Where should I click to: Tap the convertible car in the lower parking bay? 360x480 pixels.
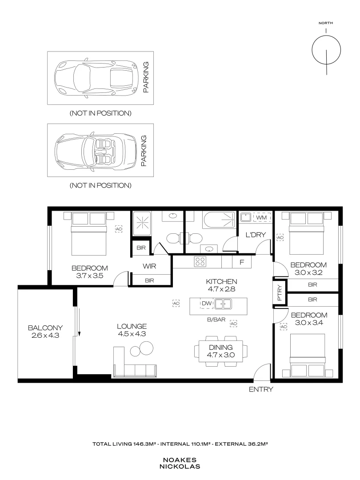(96, 150)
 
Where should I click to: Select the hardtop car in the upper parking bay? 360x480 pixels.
(96, 78)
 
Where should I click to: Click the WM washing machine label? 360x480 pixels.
(261, 217)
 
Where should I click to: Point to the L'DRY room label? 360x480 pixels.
(256, 235)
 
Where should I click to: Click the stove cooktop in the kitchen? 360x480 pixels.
(200, 261)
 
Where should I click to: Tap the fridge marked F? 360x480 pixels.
(242, 262)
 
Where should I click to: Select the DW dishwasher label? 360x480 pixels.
(207, 304)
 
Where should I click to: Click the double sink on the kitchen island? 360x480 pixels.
(223, 304)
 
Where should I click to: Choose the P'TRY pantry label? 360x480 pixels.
(280, 293)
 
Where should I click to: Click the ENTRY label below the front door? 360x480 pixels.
(261, 389)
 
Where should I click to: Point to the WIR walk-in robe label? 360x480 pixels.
(149, 266)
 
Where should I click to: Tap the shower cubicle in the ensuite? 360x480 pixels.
(142, 224)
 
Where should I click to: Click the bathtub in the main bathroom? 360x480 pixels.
(219, 220)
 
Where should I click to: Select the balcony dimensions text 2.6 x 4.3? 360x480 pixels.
(45, 335)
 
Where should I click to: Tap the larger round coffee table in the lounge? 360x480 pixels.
(146, 348)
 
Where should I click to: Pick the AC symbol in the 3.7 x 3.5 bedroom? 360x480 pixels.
(119, 229)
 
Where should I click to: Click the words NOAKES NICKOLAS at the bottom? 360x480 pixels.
(180, 463)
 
